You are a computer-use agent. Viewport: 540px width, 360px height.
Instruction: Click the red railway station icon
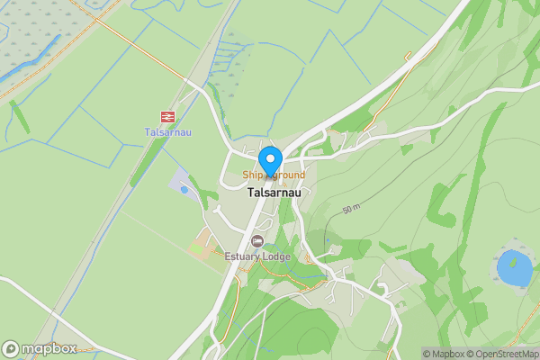166,116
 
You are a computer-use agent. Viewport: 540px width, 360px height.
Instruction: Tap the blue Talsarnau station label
166,132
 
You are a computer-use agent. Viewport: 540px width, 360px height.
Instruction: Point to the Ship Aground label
273,175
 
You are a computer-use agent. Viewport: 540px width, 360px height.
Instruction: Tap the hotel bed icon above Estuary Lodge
258,241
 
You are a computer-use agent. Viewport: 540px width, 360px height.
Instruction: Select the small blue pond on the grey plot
184,190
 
